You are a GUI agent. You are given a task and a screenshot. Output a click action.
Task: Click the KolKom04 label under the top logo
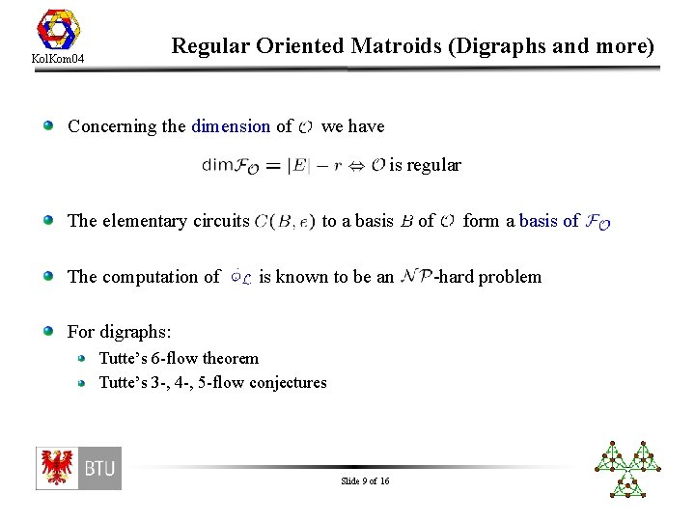pyautogui.click(x=59, y=60)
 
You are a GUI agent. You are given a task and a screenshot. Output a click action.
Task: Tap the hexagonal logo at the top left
pyautogui.click(x=59, y=28)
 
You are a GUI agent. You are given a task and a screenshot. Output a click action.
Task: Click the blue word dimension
pyautogui.click(x=231, y=125)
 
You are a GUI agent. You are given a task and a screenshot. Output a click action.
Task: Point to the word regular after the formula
pyautogui.click(x=433, y=165)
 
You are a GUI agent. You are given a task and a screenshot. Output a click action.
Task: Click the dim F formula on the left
pyautogui.click(x=230, y=166)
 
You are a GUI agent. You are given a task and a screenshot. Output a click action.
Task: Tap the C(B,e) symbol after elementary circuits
pyautogui.click(x=285, y=221)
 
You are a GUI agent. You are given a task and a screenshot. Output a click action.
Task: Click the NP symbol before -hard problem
pyautogui.click(x=415, y=277)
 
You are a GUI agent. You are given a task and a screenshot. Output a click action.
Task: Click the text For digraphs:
pyautogui.click(x=119, y=332)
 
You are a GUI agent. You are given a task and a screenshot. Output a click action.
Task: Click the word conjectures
pyautogui.click(x=288, y=382)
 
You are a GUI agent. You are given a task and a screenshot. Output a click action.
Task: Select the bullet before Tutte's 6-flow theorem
pyautogui.click(x=84, y=358)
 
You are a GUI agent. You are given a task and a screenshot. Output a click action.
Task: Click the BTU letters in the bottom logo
pyautogui.click(x=99, y=469)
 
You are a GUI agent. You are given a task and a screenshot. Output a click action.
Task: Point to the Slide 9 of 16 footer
pyautogui.click(x=365, y=480)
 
